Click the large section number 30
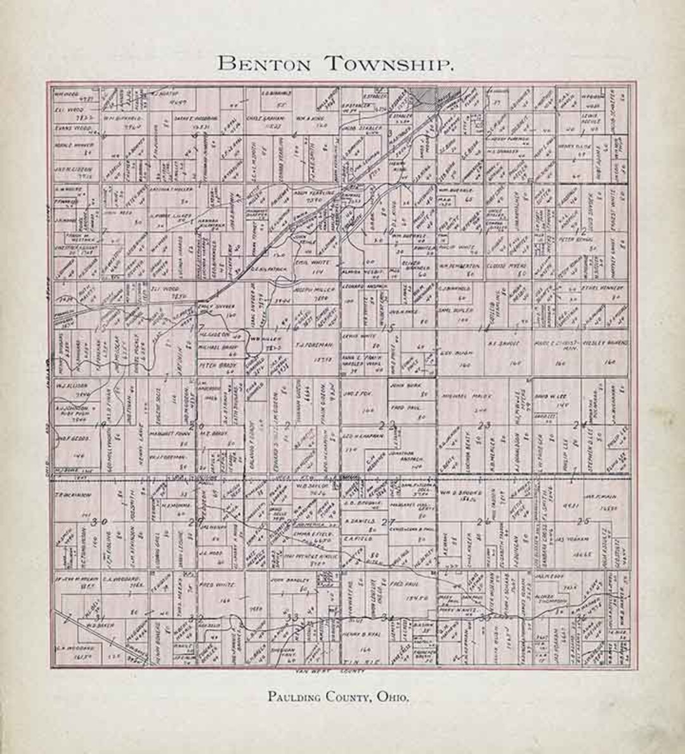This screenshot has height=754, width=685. point(99,522)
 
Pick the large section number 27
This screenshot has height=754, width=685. point(388,521)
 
